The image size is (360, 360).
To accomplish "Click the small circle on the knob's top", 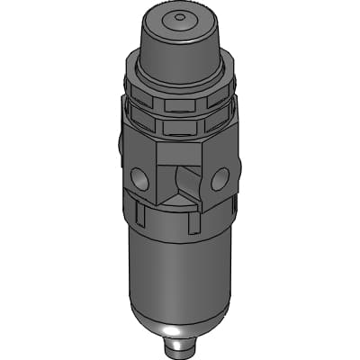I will (x=179, y=16).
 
